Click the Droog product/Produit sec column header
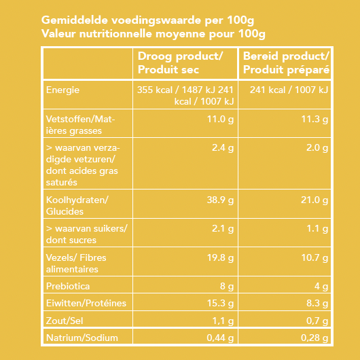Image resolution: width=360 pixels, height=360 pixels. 180,62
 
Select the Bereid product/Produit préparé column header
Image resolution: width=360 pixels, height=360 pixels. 286,62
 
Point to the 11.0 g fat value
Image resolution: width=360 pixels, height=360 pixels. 220,120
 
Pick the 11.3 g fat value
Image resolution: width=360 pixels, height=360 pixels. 314,120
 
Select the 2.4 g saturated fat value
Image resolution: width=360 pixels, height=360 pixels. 222,147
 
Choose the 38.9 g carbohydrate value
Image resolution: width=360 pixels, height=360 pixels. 220,200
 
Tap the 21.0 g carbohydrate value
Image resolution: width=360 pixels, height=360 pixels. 314,200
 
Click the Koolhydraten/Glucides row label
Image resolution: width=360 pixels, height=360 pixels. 76,205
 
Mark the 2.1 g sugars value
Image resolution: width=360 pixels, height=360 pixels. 222,229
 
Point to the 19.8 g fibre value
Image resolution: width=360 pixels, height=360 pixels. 220,257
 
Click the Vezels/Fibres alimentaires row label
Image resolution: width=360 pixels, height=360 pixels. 76,263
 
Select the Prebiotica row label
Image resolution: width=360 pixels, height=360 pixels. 67,287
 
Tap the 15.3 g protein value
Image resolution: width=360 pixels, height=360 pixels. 220,304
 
